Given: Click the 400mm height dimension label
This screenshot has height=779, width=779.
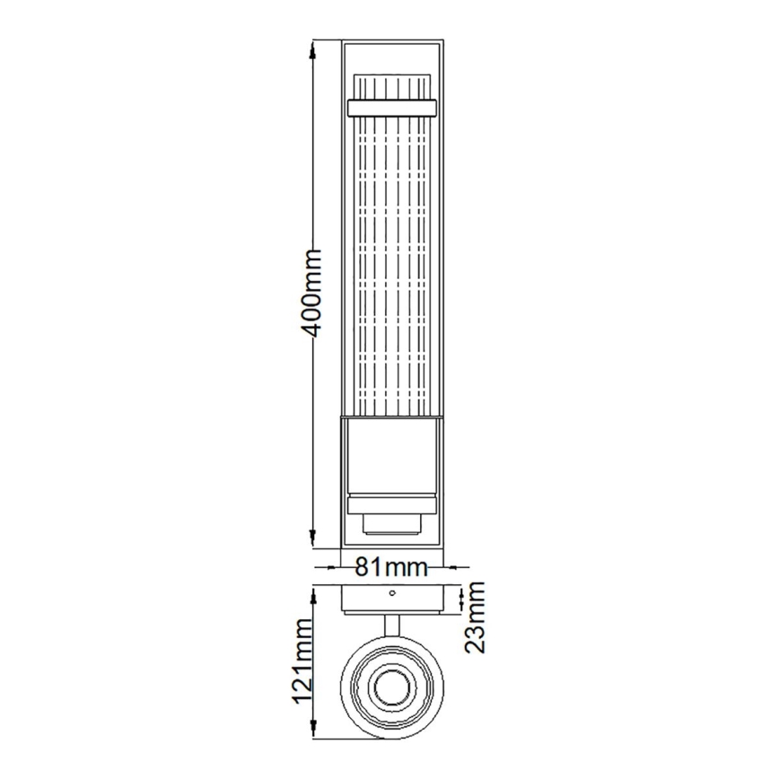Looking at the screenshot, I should point(311,293).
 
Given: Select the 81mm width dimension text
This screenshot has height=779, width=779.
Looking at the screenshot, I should point(389,567).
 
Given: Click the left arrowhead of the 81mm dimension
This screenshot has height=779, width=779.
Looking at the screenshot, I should point(326,567).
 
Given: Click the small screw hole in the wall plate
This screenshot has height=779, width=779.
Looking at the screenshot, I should point(390,593).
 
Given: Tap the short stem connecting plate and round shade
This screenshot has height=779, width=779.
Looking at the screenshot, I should point(390,625).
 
